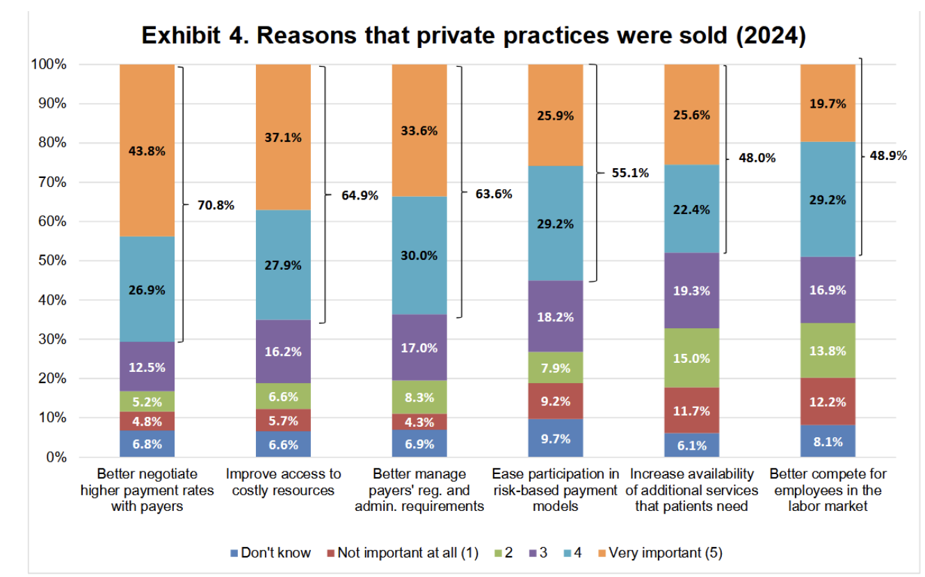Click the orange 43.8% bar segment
point(147,150)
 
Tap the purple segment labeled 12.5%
point(147,366)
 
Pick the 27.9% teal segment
point(283,265)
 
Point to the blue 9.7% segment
point(555,439)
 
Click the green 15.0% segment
point(691,358)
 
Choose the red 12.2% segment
point(828,401)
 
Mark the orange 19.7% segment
point(828,104)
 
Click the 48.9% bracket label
point(888,156)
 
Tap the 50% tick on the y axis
point(52,261)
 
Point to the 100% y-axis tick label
point(49,65)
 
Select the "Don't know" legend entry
point(270,553)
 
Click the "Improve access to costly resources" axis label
point(283,482)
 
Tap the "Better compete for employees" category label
point(828,490)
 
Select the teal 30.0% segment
point(419,255)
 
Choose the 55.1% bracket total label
point(630,172)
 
